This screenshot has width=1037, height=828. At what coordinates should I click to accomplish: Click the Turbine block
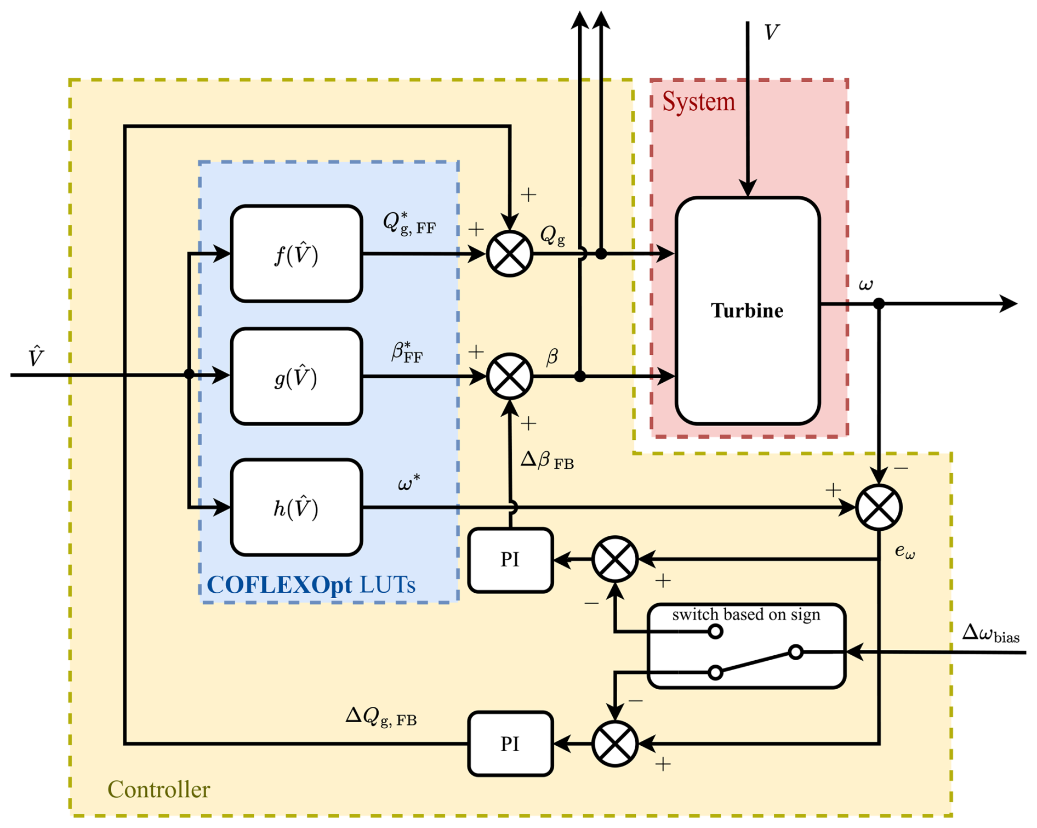click(748, 310)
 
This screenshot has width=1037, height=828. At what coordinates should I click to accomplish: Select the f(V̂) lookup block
click(297, 254)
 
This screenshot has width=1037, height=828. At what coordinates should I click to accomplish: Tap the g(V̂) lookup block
click(297, 377)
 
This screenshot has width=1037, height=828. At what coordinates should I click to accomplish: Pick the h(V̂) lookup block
click(297, 508)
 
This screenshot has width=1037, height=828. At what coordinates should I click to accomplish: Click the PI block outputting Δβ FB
click(510, 560)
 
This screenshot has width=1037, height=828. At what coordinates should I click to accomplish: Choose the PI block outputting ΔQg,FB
click(510, 744)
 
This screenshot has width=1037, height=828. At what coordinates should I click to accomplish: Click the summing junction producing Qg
click(510, 254)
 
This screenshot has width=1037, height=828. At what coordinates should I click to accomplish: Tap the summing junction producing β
click(510, 377)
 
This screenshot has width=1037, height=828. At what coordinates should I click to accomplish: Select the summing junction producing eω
click(879, 508)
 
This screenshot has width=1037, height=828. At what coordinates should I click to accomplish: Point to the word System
click(698, 102)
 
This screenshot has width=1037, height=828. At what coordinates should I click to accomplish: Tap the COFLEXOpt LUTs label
click(311, 585)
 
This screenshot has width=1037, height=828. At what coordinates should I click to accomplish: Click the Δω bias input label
click(990, 634)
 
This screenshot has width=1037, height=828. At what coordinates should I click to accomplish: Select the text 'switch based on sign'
click(746, 615)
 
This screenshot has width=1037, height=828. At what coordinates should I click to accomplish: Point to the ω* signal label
click(409, 483)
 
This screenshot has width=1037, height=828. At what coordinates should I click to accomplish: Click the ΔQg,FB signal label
click(381, 716)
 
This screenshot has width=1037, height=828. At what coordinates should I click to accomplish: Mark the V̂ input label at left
click(36, 357)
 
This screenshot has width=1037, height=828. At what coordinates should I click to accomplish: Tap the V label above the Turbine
click(771, 33)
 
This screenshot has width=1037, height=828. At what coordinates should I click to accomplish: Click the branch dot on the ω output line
click(879, 303)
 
